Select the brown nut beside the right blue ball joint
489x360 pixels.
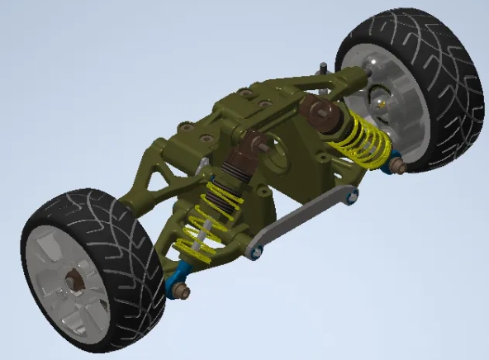point(398,168)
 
